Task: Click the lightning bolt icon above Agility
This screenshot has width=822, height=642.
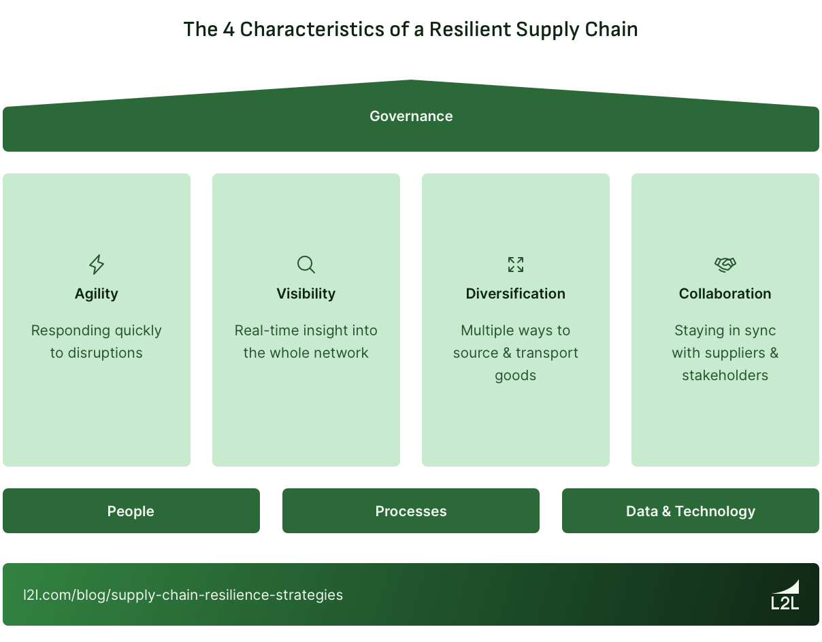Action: click(97, 264)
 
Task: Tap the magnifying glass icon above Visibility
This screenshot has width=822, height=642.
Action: click(306, 264)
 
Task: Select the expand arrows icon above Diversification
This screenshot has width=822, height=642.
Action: click(516, 264)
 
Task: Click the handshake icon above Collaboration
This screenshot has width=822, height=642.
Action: click(725, 264)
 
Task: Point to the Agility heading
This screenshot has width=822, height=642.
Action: click(97, 294)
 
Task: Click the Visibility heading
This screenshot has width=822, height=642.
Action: click(306, 294)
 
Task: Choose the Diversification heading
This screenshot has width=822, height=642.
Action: click(516, 294)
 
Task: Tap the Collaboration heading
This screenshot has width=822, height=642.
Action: click(725, 294)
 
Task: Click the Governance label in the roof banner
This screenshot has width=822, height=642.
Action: click(411, 116)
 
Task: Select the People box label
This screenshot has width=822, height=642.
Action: click(131, 511)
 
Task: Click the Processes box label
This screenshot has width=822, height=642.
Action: click(411, 511)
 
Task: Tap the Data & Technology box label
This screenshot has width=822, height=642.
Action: click(691, 511)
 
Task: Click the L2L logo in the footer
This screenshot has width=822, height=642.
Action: click(785, 595)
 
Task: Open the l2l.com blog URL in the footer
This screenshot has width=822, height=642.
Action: click(183, 595)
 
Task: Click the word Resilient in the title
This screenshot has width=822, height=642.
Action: click(470, 30)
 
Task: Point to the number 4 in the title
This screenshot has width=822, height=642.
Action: click(229, 30)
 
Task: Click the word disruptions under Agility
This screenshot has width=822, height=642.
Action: click(105, 353)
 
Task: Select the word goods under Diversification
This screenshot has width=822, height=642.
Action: click(516, 375)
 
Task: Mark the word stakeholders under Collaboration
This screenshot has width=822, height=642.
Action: click(725, 375)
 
